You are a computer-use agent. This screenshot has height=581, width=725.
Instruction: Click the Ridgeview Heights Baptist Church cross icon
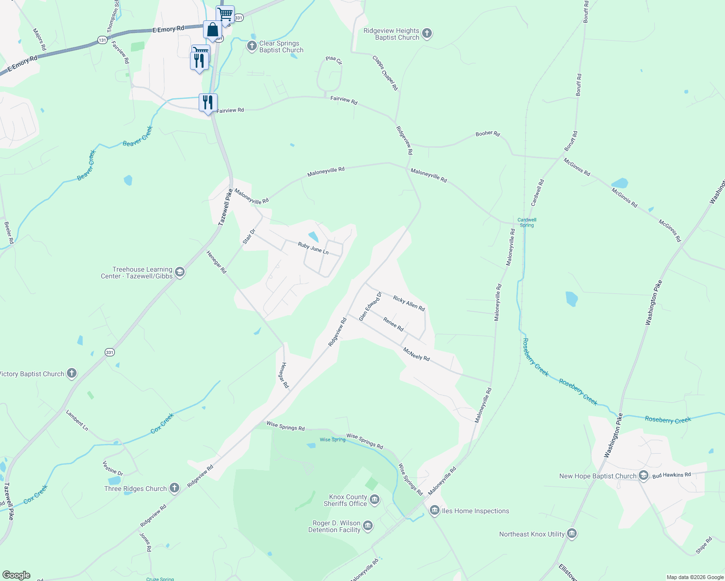426,33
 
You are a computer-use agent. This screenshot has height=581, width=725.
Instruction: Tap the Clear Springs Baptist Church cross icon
252,46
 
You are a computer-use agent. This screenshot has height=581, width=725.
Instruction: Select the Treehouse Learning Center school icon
180,272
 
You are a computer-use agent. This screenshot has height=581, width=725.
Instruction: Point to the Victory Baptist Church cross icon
72,373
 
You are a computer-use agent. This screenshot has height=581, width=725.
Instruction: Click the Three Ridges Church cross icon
174,488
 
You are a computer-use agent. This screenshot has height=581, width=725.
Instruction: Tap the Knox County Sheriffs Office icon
374,500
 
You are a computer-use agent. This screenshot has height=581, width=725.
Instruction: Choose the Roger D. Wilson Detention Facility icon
368,526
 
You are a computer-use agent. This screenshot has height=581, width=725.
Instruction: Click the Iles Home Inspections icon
434,510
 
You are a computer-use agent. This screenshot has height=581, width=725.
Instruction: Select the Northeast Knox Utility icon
572,534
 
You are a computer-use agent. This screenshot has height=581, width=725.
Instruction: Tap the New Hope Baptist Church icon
644,475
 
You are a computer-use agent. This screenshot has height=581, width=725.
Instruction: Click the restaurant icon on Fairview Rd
208,103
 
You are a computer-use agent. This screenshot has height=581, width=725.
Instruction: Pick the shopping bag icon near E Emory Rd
212,30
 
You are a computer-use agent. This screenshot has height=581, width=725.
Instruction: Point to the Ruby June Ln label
313,248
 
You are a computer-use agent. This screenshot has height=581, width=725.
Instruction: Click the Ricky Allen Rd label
409,304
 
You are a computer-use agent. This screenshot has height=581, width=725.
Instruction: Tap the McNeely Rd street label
416,354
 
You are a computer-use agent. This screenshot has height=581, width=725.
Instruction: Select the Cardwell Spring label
527,222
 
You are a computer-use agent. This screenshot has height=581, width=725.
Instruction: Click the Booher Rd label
488,133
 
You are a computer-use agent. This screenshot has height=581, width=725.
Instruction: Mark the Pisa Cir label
334,60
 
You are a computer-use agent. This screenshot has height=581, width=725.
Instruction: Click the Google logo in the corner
16,575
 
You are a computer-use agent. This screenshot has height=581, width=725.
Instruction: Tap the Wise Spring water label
332,440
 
